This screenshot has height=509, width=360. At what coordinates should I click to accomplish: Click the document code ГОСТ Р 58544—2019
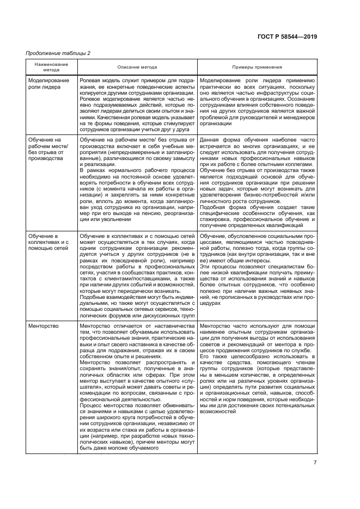click(x=286, y=37)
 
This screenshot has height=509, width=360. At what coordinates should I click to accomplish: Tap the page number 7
click(x=315, y=463)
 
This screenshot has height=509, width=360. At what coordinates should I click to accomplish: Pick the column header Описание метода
click(x=137, y=67)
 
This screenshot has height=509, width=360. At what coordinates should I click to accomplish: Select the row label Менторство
click(x=42, y=326)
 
